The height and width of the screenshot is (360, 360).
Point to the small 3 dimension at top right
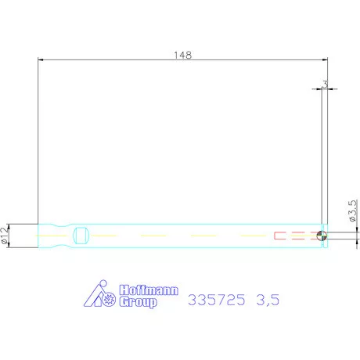coord(324,83)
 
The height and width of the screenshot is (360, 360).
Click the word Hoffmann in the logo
coord(149,289)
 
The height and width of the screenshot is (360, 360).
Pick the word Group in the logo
coord(138,301)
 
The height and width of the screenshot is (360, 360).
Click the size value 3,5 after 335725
coord(268,300)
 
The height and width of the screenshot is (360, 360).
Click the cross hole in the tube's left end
coord(81,236)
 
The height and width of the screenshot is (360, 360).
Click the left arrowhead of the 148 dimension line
coord(41,60)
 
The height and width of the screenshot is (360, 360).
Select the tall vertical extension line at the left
coord(38,141)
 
